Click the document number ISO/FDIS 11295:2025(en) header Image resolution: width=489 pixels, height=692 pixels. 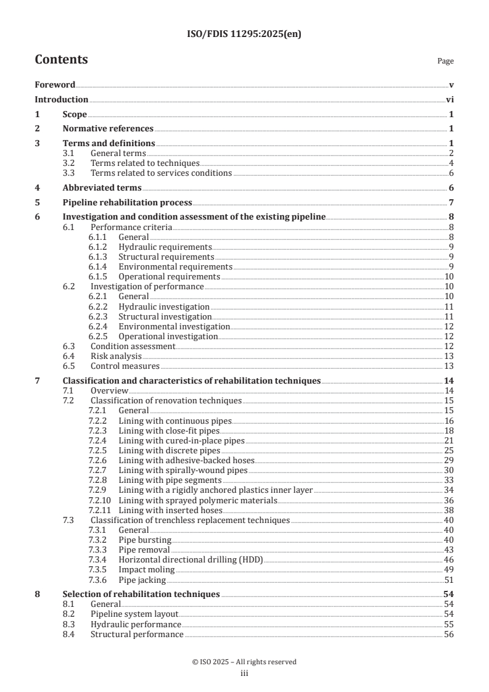coord(244,34)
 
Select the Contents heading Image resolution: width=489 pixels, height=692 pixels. coord(61,60)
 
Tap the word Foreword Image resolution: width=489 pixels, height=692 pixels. coord(55,84)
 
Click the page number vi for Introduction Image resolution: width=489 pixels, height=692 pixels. coord(450,99)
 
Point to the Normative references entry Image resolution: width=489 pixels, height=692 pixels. coord(108,129)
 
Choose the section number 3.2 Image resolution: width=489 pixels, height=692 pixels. coord(70,163)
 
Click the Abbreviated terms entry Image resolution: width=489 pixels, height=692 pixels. coord(102,187)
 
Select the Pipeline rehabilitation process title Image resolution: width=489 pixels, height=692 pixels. coord(127,202)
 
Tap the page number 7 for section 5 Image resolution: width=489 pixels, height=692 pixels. coord(451,202)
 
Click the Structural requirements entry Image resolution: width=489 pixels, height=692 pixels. coord(166,257)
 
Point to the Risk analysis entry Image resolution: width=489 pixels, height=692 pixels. coord(116,356)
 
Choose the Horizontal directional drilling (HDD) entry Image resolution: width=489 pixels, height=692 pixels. coord(191,559)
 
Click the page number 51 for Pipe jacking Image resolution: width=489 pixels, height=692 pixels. coord(449,580)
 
